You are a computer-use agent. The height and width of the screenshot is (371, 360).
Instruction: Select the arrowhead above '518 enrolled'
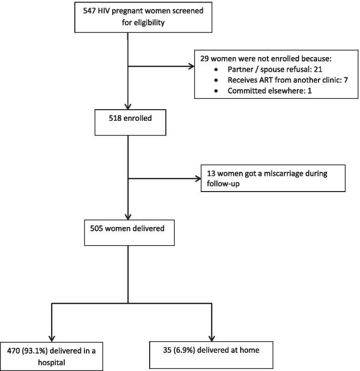click(129, 105)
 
